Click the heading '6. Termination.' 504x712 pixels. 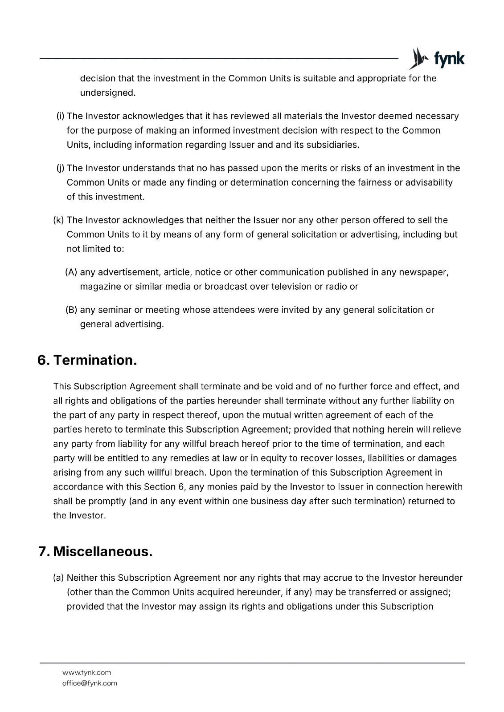coord(87,360)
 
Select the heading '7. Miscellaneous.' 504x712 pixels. coord(95,551)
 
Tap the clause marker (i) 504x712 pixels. coord(60,116)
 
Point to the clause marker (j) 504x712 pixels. coord(60,168)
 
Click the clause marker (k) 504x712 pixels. coord(59,220)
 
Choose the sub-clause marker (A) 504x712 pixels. coord(71,272)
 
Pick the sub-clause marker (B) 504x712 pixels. coord(71,310)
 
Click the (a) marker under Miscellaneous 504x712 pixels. coord(58,578)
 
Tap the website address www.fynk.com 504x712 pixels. coord(87,672)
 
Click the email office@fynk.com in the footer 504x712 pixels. coord(90,683)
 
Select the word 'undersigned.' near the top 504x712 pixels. coord(107,93)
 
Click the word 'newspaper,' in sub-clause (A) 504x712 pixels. coord(423,272)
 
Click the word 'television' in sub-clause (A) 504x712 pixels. coord(291,287)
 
